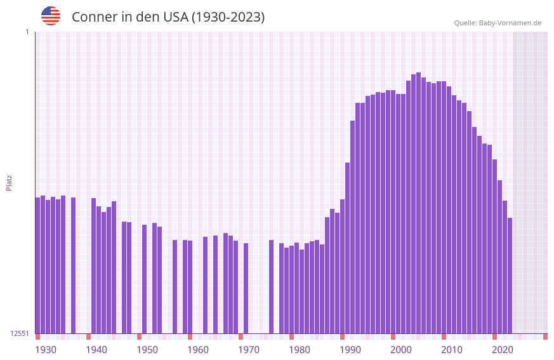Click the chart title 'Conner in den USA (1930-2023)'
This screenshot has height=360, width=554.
(x=168, y=17)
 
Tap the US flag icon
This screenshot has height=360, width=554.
(x=51, y=17)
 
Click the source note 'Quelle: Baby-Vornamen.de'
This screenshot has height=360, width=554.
(x=498, y=23)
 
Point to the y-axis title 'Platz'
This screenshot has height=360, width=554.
(x=9, y=182)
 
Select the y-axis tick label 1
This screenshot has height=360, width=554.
(x=27, y=32)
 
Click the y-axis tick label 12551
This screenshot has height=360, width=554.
(x=20, y=333)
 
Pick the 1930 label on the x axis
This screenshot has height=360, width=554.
(x=46, y=350)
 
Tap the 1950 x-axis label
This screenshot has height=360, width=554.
(x=147, y=350)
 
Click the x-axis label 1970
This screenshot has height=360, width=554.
(x=249, y=350)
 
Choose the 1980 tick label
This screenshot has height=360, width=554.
(x=300, y=350)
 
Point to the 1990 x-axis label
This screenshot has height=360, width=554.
(x=350, y=350)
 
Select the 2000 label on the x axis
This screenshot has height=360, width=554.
(x=401, y=350)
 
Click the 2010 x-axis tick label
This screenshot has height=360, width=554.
(x=452, y=350)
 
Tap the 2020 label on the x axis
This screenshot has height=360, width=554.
(x=503, y=350)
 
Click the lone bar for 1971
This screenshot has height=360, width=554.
(x=246, y=288)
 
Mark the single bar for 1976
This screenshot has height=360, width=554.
(x=272, y=286)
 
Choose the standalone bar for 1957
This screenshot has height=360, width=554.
(x=175, y=286)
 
